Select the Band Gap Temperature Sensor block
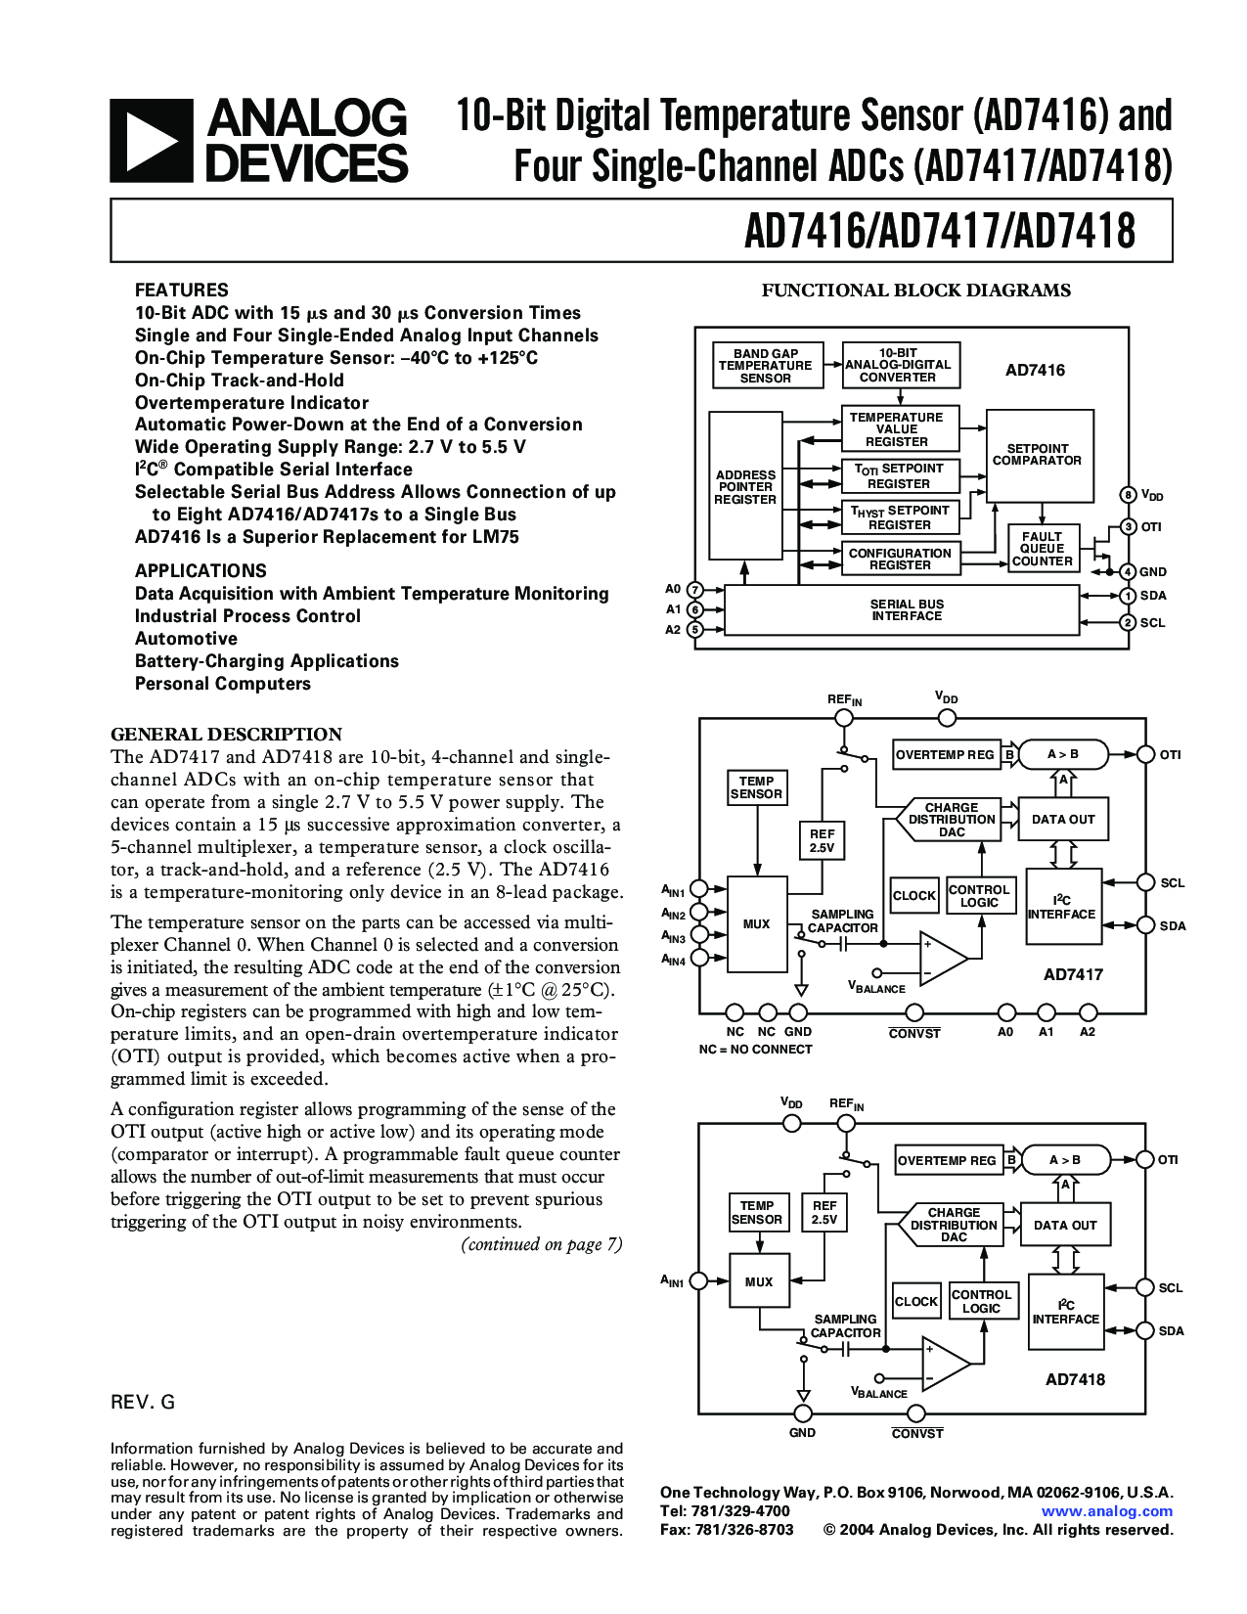(765, 366)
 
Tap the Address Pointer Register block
(745, 486)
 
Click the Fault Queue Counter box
(1042, 549)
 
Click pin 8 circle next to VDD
(1128, 495)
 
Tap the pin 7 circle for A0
(694, 589)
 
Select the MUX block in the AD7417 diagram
(756, 923)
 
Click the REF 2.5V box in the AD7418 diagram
(824, 1213)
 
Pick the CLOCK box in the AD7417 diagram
(914, 895)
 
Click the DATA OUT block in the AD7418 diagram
(1065, 1225)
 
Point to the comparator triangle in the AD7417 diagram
(941, 958)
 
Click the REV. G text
(143, 1403)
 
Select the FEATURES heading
(181, 291)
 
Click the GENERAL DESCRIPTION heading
(226, 735)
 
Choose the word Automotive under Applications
(186, 639)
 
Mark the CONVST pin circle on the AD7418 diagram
(916, 1413)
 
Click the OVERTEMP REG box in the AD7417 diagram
(946, 754)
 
